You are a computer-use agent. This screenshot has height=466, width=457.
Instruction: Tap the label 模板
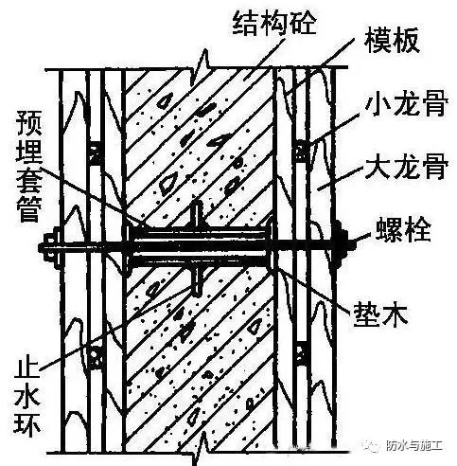(x=392, y=40)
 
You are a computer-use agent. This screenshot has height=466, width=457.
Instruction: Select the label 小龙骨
(x=407, y=103)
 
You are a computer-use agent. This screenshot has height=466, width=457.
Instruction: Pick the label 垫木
(x=380, y=314)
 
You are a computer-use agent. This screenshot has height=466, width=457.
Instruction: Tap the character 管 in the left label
(x=29, y=208)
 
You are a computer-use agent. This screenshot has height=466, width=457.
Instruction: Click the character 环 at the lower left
(x=27, y=423)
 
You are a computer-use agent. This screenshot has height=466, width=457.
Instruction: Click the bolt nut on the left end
(x=50, y=247)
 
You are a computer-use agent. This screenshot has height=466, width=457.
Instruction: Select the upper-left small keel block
(x=95, y=153)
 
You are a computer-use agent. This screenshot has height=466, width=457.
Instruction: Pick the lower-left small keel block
(x=95, y=358)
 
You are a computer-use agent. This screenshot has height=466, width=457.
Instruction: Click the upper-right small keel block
(x=302, y=151)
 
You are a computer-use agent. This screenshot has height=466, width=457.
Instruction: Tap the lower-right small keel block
(x=302, y=353)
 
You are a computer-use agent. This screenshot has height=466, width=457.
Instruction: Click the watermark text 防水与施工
(x=413, y=446)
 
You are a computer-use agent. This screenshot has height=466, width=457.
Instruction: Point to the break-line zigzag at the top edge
(x=201, y=69)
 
